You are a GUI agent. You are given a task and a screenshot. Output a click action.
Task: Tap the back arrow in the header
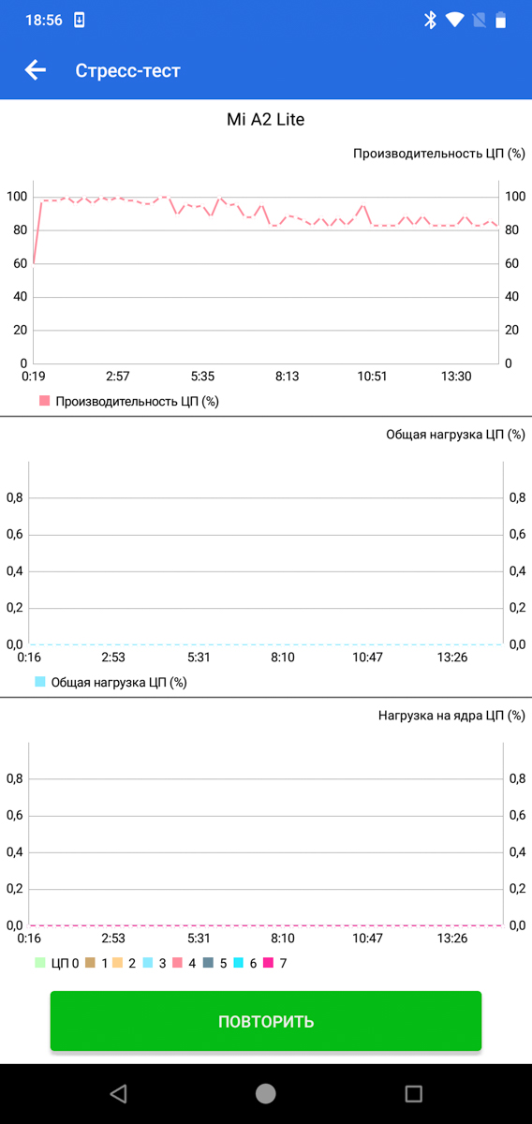click(x=36, y=69)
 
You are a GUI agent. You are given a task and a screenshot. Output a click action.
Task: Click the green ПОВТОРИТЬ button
click(x=265, y=1021)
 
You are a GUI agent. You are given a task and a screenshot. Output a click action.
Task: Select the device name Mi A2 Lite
click(x=265, y=120)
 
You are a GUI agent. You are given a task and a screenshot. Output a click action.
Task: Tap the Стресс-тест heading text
click(x=127, y=71)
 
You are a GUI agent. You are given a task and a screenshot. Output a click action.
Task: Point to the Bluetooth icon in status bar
click(x=430, y=20)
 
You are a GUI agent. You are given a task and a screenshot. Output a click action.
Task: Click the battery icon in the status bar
click(x=500, y=20)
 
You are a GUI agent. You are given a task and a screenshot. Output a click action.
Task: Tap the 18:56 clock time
click(x=44, y=20)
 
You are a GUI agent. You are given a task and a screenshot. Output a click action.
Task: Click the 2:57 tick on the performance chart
click(x=117, y=377)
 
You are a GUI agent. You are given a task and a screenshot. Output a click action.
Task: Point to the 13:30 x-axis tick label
click(x=456, y=377)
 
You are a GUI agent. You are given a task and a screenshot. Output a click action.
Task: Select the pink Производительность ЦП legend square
click(x=45, y=401)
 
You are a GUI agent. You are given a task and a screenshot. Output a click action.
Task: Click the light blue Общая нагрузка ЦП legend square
click(x=40, y=682)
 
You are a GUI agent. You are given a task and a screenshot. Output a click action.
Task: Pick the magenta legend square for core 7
click(x=269, y=963)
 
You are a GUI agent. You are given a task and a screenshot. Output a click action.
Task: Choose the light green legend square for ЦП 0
click(x=40, y=963)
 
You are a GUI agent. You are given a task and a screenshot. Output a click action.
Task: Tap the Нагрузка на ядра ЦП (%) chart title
click(x=451, y=716)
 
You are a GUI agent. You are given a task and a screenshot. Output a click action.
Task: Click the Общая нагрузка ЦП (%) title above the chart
click(x=456, y=435)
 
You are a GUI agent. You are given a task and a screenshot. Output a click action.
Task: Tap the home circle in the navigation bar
click(x=265, y=1093)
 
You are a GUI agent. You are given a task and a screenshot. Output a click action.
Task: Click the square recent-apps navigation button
click(x=414, y=1093)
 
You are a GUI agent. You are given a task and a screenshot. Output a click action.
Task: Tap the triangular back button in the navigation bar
click(x=118, y=1093)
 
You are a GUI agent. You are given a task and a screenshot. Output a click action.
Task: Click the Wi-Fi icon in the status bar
click(x=454, y=20)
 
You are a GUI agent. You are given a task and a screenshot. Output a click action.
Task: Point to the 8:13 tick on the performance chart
click(x=288, y=377)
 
